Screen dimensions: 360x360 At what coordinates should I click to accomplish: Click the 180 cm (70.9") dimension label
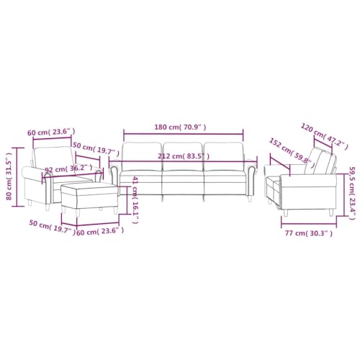[x=183, y=127]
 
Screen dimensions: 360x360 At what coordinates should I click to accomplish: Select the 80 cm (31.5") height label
[x=9, y=174]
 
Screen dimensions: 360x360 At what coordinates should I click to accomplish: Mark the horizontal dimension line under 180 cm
[x=183, y=132]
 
